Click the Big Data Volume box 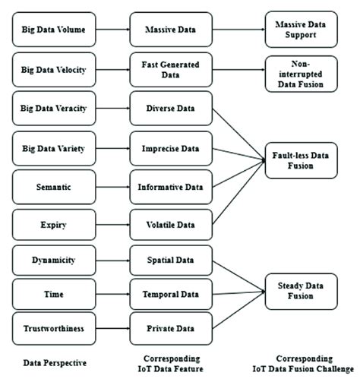pos(54,31)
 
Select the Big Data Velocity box pos(54,71)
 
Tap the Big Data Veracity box pos(54,109)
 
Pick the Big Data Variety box pos(54,147)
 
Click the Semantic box pos(54,186)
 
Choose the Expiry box pos(54,225)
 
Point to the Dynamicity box pos(54,260)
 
